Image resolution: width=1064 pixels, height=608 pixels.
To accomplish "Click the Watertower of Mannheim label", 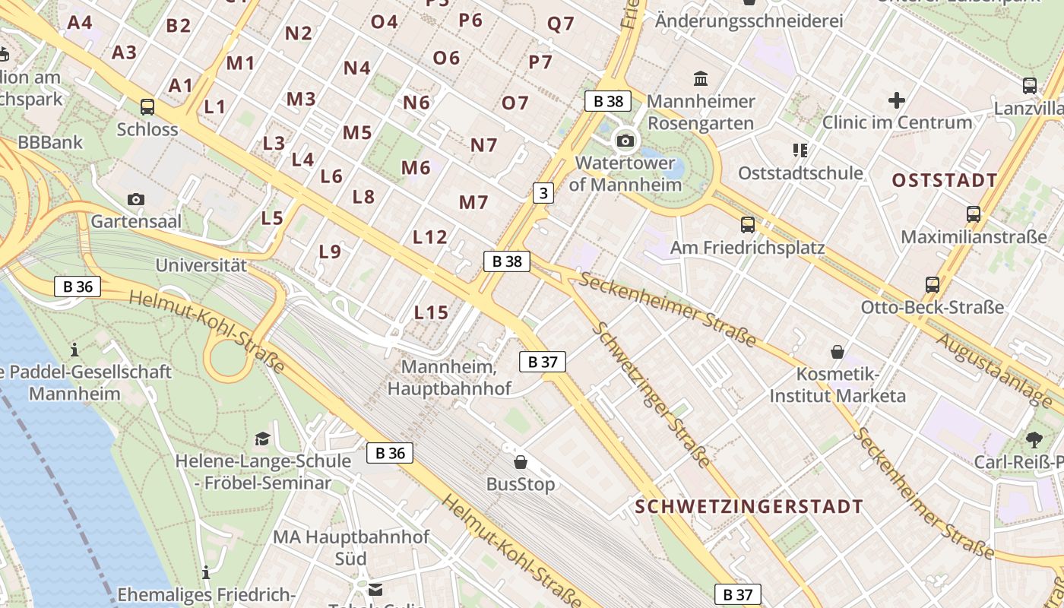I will (x=625, y=173).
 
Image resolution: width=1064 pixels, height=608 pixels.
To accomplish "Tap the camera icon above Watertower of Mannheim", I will (x=625, y=141).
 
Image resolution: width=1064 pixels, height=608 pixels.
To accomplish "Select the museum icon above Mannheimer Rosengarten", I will (x=701, y=78).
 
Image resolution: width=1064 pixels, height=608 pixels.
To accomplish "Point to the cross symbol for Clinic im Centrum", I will (x=897, y=100).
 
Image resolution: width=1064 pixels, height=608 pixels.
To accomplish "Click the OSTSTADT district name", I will (x=944, y=181).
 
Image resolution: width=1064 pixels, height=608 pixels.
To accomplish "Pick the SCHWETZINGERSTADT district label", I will (x=749, y=507).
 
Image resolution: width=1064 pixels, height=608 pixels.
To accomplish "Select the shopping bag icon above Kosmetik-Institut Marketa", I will (x=838, y=352).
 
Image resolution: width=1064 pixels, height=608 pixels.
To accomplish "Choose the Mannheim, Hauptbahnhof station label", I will (x=449, y=378).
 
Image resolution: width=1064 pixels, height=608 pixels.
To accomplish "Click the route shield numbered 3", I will (x=542, y=193).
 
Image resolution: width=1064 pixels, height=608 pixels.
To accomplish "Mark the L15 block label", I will (x=431, y=312).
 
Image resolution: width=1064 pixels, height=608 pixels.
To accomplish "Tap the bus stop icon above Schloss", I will (x=147, y=107).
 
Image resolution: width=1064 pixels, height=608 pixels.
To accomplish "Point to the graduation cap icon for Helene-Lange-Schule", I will (x=262, y=439).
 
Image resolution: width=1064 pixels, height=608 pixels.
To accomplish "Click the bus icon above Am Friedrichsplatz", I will (x=748, y=224).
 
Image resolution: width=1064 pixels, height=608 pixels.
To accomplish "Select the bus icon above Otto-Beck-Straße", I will (x=933, y=285).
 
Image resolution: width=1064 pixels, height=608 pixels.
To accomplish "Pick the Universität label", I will (x=201, y=266).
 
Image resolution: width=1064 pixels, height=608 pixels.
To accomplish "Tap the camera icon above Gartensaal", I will (x=136, y=199).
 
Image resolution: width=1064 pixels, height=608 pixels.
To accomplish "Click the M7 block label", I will (x=473, y=202).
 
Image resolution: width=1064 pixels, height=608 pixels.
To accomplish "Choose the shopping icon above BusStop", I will (x=521, y=461).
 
